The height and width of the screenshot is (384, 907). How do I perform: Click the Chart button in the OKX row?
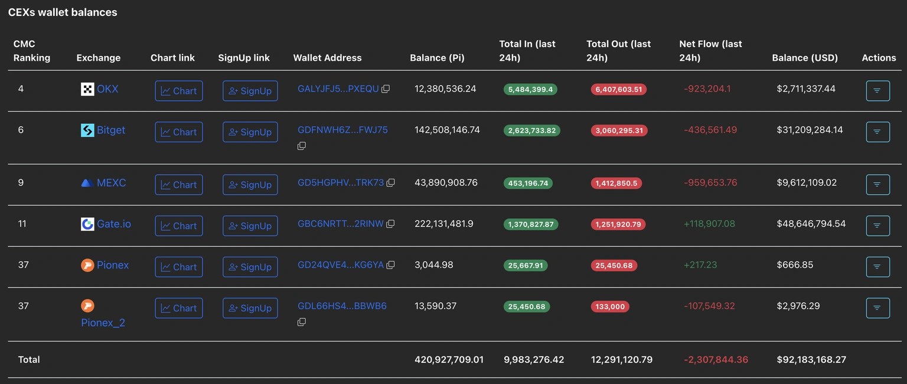(178, 91)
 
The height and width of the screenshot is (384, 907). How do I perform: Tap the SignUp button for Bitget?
(250, 132)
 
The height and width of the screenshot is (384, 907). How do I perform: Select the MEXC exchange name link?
(111, 183)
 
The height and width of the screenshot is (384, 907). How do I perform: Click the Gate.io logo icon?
(87, 224)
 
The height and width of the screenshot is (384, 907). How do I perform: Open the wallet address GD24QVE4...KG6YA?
(341, 265)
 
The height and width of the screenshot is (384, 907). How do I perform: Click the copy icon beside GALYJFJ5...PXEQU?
(386, 89)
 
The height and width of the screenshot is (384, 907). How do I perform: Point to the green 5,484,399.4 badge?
(530, 90)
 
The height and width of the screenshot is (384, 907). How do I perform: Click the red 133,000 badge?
(610, 307)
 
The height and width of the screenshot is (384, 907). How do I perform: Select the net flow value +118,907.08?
(709, 224)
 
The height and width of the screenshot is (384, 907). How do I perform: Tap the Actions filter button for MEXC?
(877, 185)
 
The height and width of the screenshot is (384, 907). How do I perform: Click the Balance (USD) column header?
(805, 58)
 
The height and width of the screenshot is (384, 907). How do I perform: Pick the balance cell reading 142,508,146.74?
(447, 130)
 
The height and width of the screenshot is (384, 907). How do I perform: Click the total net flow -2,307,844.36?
(716, 359)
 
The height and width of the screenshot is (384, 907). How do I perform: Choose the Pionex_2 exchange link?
(103, 323)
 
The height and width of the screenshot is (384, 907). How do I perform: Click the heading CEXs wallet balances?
(63, 12)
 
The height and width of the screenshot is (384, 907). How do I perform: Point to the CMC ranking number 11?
(22, 224)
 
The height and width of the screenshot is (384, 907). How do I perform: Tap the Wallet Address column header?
(327, 58)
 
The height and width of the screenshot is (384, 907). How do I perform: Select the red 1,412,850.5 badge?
(616, 183)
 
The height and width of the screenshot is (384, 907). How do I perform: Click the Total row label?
(29, 359)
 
